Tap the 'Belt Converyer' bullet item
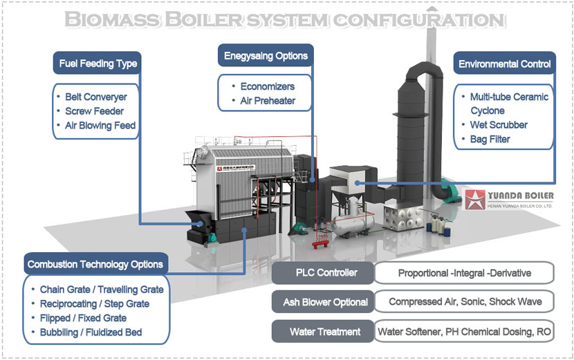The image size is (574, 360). [x=95, y=97]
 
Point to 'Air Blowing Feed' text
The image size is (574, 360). [x=100, y=126]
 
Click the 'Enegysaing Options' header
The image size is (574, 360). [x=266, y=55]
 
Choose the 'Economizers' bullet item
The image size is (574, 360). [x=267, y=86]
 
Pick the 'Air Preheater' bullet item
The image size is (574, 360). [x=268, y=101]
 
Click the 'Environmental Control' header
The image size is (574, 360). [x=504, y=64]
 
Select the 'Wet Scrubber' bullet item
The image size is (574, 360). [x=499, y=125]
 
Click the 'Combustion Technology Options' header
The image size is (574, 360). [x=95, y=264]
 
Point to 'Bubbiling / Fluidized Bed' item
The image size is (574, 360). [x=91, y=332]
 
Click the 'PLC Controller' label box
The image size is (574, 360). [x=322, y=273]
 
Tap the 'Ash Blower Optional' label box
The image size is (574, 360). [x=322, y=302]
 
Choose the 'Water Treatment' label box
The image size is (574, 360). [x=322, y=332]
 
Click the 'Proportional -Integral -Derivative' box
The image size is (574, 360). [x=464, y=273]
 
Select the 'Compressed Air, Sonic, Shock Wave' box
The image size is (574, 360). [x=464, y=302]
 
